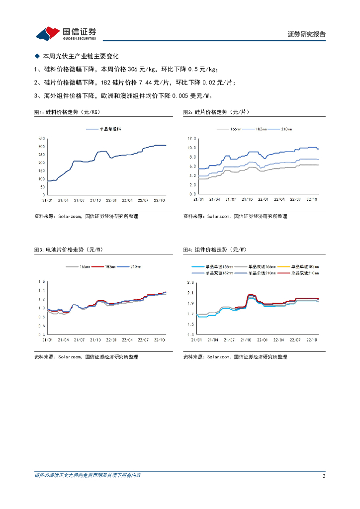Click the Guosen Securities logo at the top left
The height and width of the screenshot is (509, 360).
click(x=66, y=33)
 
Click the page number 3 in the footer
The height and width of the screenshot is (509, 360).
click(x=324, y=476)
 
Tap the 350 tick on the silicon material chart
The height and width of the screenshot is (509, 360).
click(x=42, y=138)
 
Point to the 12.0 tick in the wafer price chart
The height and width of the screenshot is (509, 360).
click(x=192, y=138)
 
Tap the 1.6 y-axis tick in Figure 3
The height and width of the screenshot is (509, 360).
click(x=42, y=281)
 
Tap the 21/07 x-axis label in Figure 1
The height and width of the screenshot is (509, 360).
click(x=79, y=200)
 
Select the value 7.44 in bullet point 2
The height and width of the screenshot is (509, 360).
click(x=147, y=83)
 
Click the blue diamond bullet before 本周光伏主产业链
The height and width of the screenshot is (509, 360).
click(x=37, y=56)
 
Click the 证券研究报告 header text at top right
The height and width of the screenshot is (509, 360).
click(x=306, y=34)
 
